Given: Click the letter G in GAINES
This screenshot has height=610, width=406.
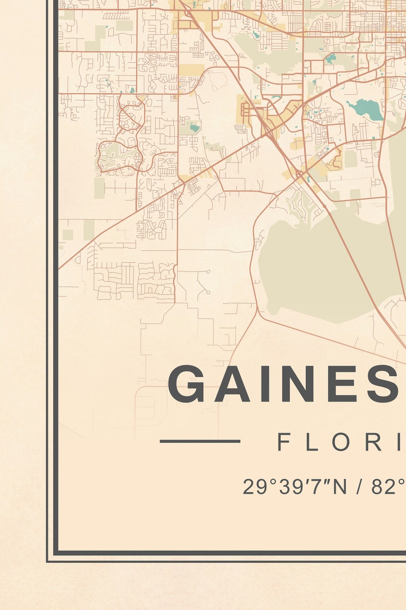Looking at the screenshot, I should [188, 384].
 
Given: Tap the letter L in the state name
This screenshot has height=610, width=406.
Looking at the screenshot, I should [311, 442].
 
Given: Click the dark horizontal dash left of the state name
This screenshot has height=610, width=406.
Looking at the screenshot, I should [200, 441].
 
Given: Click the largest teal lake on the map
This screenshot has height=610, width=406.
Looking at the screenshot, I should [367, 110].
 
